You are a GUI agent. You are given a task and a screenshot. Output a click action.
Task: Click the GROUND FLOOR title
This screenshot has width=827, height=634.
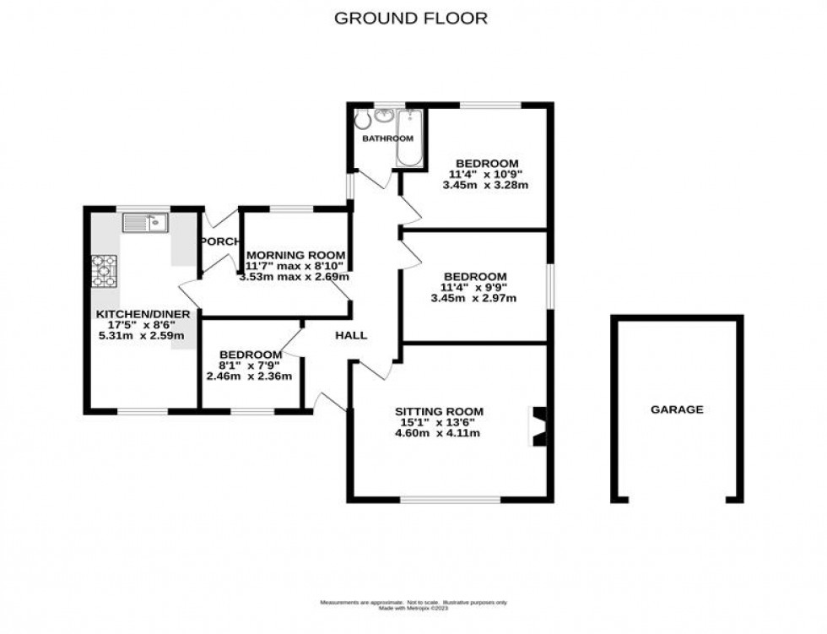click(411, 18)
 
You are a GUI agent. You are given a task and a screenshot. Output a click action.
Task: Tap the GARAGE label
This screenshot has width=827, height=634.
click(676, 409)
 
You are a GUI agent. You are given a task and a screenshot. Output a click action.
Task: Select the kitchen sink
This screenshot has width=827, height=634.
click(146, 223)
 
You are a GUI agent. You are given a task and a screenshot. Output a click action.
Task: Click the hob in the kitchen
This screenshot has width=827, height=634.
click(105, 272)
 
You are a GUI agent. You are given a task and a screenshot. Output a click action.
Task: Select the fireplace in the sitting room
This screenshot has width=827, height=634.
click(538, 426)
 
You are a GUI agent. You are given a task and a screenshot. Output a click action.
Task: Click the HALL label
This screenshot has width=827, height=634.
click(351, 335)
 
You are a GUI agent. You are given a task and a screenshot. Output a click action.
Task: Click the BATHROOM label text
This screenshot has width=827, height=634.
click(387, 138)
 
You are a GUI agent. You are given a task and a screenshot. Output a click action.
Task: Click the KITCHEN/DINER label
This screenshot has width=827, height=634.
click(143, 314)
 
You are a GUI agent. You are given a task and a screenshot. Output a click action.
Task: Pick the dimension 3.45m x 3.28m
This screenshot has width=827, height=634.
click(487, 186)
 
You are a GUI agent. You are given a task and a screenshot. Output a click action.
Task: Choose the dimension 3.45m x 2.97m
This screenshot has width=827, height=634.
click(473, 298)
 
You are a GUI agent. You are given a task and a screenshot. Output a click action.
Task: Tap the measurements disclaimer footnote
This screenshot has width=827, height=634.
click(413, 604)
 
